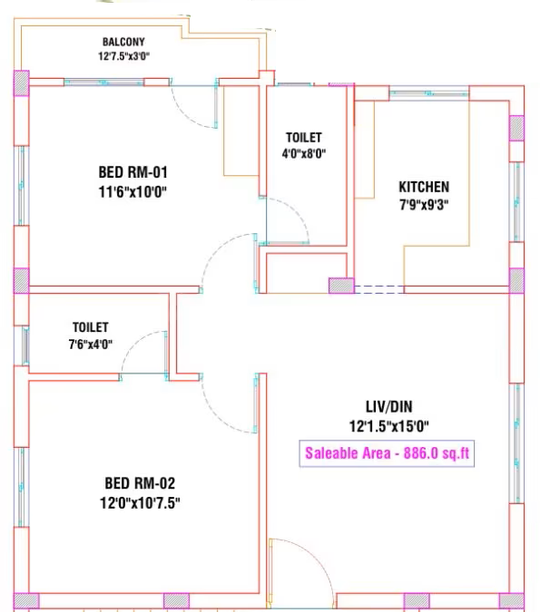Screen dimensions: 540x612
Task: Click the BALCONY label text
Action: point(123,42)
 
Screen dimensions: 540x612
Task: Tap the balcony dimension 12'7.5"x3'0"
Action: point(123,56)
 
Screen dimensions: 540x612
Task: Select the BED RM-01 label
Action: point(133,172)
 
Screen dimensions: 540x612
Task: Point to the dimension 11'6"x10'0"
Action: point(133,192)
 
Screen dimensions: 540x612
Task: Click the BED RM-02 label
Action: point(140,483)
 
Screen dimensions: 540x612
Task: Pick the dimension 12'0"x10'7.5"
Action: point(140,502)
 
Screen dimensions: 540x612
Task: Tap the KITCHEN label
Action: point(424,187)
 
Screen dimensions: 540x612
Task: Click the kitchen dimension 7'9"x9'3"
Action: point(424,205)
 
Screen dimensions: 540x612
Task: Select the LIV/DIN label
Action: point(388,407)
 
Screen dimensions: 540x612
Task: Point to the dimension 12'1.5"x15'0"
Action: point(388,426)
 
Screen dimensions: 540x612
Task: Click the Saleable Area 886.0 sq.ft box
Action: point(387,453)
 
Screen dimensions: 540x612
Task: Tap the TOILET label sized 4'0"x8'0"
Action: point(304,138)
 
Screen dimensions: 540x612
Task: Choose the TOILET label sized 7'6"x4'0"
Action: point(90,327)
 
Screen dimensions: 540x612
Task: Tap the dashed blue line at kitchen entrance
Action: point(379,289)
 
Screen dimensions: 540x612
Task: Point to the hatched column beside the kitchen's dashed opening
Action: point(341,286)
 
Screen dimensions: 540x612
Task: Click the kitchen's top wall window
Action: point(429,93)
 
